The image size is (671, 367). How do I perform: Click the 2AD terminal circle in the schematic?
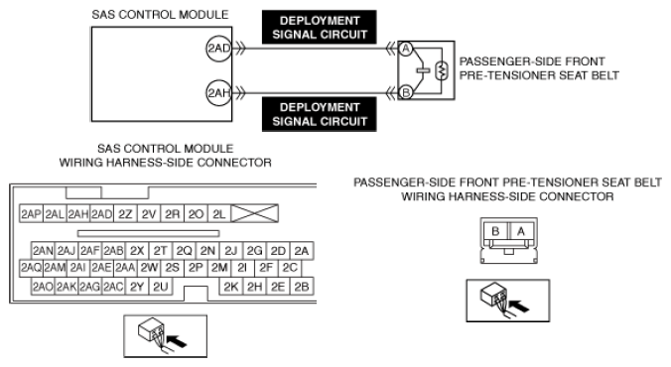pos(218,49)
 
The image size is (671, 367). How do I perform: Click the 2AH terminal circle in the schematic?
pos(218,93)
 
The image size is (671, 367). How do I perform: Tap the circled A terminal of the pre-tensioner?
pos(406,49)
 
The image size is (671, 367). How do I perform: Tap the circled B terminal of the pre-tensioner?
pos(406,92)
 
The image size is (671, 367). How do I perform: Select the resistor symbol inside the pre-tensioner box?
pos(441,71)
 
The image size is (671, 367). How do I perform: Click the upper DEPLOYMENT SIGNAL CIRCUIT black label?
pos(320,28)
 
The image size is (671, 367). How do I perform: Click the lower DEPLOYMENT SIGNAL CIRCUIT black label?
pos(320,114)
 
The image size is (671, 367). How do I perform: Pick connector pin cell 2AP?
pos(31,214)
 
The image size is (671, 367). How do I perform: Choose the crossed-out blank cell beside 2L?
pos(255,213)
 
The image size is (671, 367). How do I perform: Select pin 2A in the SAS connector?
pos(302,251)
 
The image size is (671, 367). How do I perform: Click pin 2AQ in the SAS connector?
pos(31,268)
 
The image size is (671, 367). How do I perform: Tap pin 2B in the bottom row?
pos(302,287)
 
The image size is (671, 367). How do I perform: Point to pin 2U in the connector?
pos(161,287)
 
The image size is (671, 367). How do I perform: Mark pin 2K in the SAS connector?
pos(231,287)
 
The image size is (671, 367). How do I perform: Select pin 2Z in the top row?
pos(125,214)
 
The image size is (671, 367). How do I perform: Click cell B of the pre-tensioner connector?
pos(495,231)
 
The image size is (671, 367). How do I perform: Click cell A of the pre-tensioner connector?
pos(521,231)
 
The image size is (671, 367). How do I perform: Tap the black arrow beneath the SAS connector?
pos(177,341)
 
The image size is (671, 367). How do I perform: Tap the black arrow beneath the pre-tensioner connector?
pos(519,306)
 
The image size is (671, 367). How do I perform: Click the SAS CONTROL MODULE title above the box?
pos(160,15)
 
